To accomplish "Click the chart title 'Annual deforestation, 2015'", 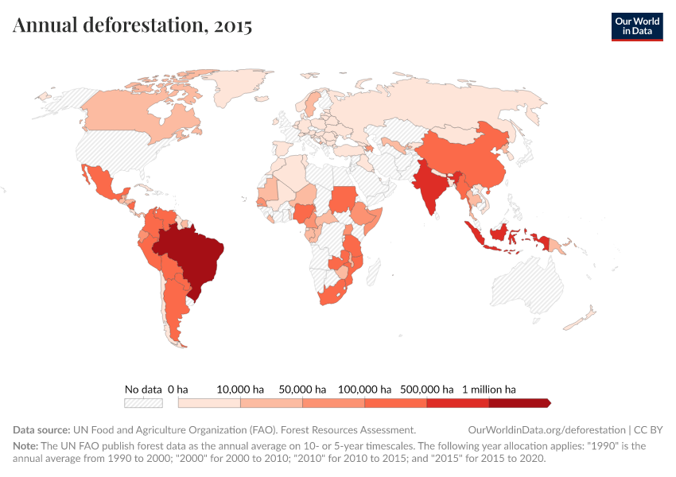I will pyautogui.click(x=132, y=25).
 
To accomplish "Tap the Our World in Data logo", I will pyautogui.click(x=636, y=25).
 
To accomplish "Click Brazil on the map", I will pyautogui.click(x=195, y=254).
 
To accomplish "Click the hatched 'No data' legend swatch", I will pyautogui.click(x=143, y=403).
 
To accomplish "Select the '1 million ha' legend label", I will pyautogui.click(x=489, y=390).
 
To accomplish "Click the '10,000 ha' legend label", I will pyautogui.click(x=240, y=390).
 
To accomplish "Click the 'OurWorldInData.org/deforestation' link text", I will pyautogui.click(x=542, y=429).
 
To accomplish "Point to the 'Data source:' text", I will pyautogui.click(x=41, y=429).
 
